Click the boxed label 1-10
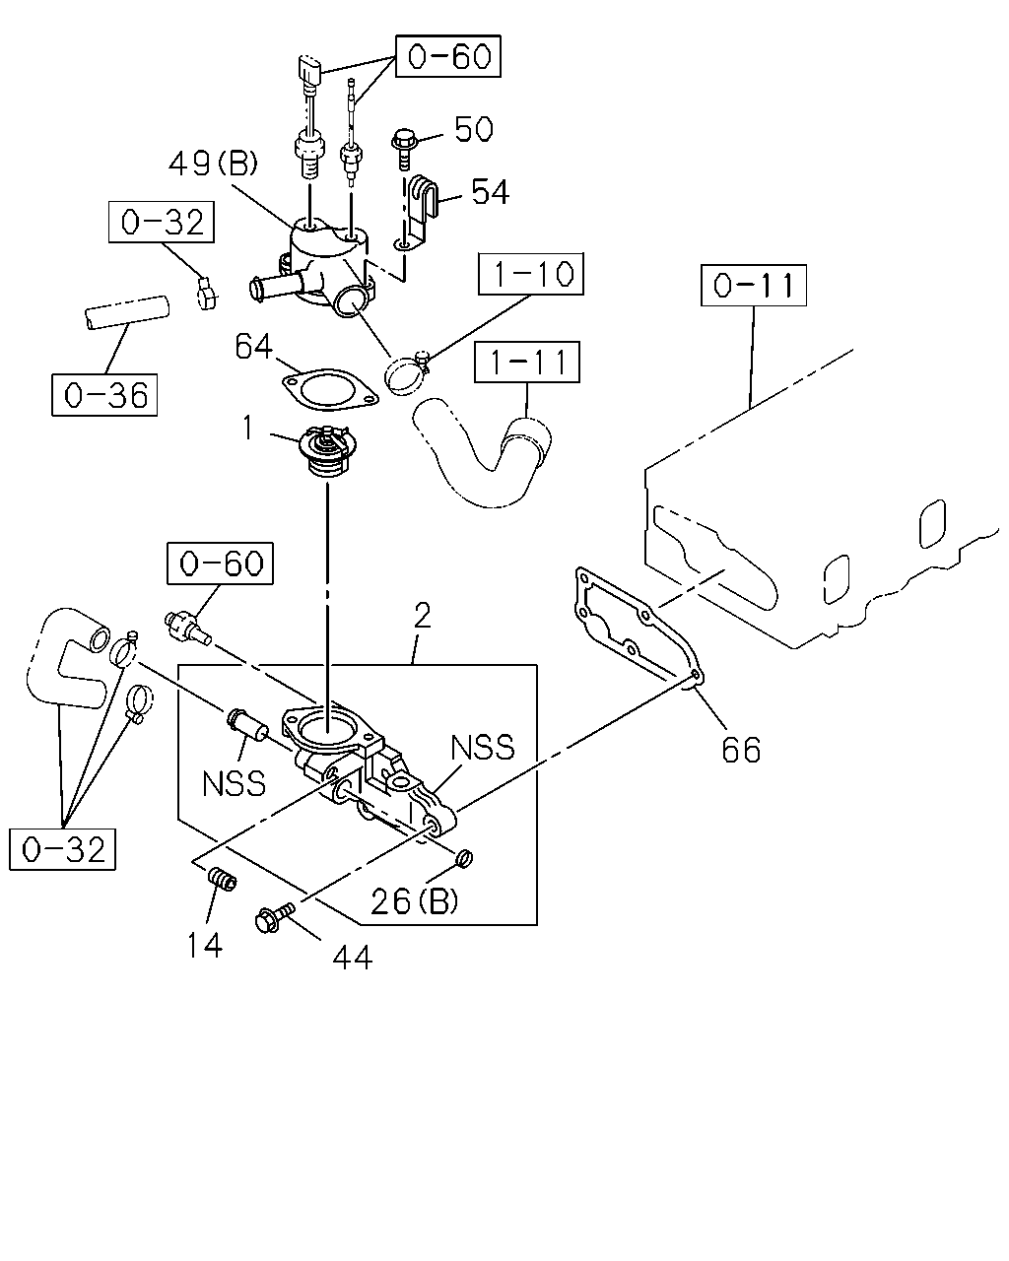(530, 274)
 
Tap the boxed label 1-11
(527, 363)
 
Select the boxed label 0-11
(754, 286)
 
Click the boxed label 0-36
(104, 395)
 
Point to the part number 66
(741, 750)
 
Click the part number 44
(353, 958)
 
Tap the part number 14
(205, 945)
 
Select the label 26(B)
(415, 901)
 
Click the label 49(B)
(214, 164)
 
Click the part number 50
(474, 129)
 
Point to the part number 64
(253, 346)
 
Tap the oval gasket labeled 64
(330, 389)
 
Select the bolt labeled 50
(403, 148)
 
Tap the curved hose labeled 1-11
(482, 451)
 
